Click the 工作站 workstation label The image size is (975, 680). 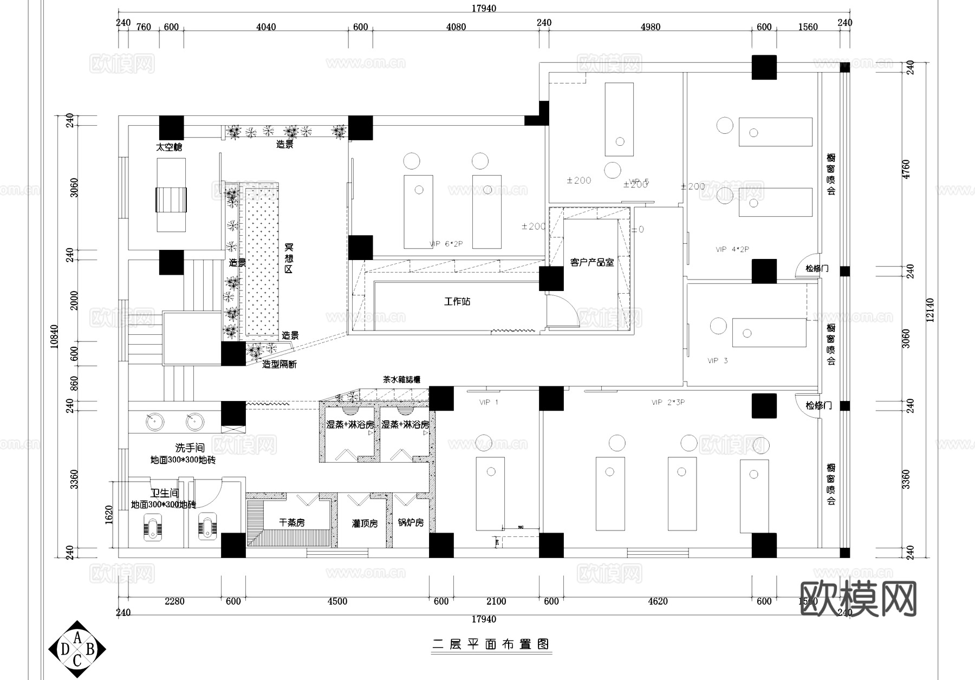457,301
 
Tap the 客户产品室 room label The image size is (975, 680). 591,262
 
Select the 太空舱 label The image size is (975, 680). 169,147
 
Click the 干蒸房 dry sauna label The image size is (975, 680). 291,522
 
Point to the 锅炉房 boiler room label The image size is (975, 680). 410,522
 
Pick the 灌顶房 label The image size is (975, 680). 365,523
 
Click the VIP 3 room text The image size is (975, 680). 717,360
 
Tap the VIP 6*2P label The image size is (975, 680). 446,244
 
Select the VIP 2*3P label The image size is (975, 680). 668,403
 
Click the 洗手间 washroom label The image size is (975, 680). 190,448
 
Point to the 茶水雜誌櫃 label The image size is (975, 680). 401,380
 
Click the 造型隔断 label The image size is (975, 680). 279,364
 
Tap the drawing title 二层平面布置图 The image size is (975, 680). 491,644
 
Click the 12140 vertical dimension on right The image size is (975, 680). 930,309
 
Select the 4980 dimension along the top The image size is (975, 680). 650,27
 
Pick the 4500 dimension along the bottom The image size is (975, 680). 337,601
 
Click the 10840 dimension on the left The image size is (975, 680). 54,336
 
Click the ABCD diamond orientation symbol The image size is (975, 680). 77,649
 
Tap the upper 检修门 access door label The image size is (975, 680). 816,268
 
